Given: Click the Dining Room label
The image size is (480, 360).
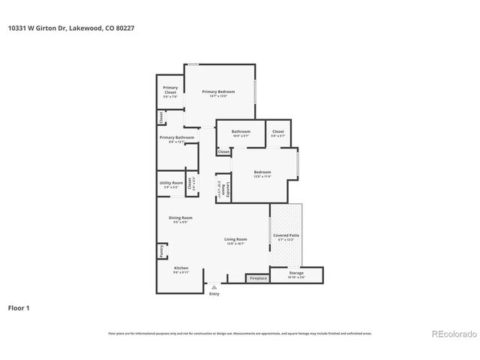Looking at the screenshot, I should [x=180, y=220].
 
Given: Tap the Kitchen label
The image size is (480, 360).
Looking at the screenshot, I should [x=181, y=270].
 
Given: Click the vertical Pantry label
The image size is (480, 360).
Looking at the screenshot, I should [x=161, y=251].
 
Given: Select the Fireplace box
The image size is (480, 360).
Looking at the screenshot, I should [x=258, y=278].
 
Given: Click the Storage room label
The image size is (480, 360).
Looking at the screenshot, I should [x=296, y=274].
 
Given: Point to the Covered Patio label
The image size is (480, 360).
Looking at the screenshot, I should [x=286, y=237].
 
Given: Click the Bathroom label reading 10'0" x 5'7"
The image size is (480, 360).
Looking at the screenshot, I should [x=241, y=133].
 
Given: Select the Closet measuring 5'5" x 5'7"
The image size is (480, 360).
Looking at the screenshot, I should [x=278, y=133].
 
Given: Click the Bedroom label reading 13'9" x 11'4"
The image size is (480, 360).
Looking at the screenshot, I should [x=262, y=174].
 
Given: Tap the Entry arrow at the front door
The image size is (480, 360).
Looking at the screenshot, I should [x=214, y=287].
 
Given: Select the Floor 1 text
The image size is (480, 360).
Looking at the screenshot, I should [x=19, y=307].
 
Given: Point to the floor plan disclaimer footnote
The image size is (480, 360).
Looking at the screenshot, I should [x=240, y=333].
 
